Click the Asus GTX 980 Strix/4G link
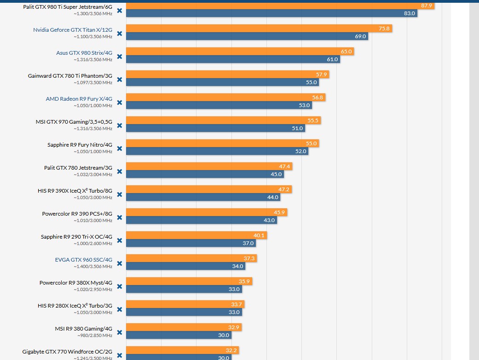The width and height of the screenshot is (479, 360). pos(84,52)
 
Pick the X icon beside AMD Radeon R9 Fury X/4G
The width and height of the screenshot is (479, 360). pos(120,102)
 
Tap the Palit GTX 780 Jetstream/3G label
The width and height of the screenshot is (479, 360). pos(78,167)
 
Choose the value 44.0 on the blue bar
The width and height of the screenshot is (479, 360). pos(273,197)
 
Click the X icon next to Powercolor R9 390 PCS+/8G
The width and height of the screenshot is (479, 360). pos(120,217)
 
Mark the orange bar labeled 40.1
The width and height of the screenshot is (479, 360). pos(196,235)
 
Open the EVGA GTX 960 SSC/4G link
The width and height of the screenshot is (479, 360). pos(84,259)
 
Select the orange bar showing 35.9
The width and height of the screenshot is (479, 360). pos(189,281)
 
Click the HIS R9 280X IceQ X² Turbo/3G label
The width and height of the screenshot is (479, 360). pos(75,305)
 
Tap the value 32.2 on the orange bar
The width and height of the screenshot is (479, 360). pos(231,350)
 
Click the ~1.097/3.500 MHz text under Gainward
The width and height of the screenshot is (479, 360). pos(92,82)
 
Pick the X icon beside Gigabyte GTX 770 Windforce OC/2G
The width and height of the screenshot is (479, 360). pos(120,355)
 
